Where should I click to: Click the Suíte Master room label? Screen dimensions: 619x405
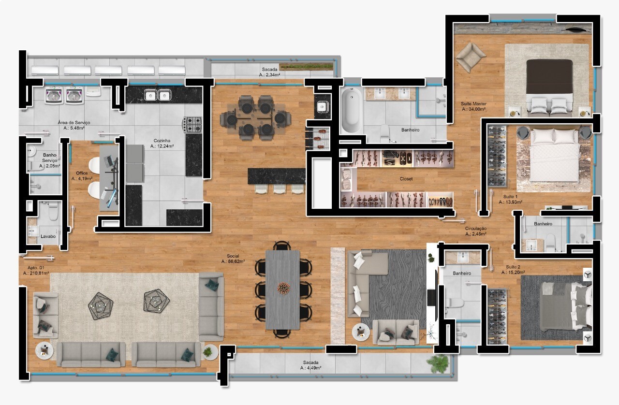tap(473, 104)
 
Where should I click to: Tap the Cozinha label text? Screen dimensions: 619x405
tap(162, 141)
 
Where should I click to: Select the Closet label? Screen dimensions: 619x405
tap(406, 179)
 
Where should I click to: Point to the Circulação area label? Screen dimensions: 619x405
tap(475, 229)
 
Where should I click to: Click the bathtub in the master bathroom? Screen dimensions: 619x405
tap(352, 110)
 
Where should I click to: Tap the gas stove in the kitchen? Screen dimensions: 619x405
tap(192, 125)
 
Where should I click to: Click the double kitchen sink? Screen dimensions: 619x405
tap(157, 95)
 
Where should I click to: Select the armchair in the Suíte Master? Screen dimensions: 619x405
tap(471, 57)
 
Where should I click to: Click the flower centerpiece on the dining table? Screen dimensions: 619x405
tap(283, 288)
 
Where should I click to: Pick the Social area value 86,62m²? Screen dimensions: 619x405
tap(233, 261)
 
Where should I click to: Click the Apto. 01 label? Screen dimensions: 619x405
tap(36, 268)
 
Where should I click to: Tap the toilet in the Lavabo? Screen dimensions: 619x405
tap(53, 211)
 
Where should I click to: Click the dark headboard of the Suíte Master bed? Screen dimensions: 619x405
tap(549, 76)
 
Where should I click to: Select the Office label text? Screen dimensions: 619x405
tap(82, 173)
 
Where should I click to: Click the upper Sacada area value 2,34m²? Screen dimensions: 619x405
tap(269, 75)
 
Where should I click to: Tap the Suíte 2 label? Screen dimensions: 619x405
tap(513, 267)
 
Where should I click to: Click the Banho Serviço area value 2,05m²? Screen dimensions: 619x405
tap(49, 166)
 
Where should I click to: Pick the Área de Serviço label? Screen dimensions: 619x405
tap(74, 123)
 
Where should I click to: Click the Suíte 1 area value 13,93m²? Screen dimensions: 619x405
tap(510, 202)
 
